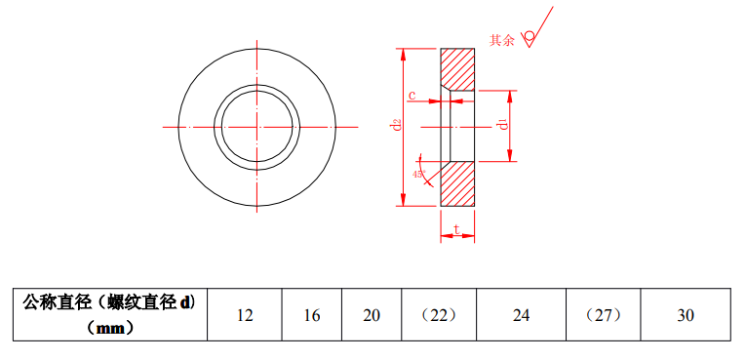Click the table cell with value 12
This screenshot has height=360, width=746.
tap(245, 315)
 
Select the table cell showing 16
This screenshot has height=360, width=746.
tap(312, 315)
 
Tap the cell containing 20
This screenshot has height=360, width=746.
tap(372, 315)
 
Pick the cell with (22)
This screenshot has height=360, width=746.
tap(439, 315)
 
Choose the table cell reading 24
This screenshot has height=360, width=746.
tap(521, 315)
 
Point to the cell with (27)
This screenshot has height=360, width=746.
tap(604, 315)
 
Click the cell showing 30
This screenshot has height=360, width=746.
tap(686, 315)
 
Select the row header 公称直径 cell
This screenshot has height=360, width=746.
tap(110, 315)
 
